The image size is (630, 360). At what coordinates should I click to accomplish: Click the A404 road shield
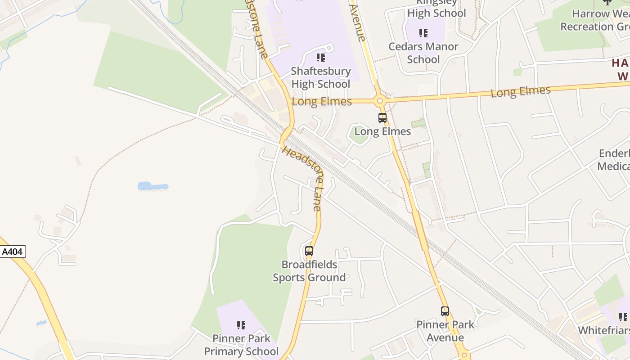[x=12, y=252]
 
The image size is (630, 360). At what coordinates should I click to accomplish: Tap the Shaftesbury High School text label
[x=320, y=77]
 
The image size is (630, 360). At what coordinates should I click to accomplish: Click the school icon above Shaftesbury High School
[x=320, y=58]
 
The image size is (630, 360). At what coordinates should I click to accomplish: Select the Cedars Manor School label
[x=423, y=53]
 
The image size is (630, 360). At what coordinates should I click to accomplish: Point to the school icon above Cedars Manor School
[x=423, y=33]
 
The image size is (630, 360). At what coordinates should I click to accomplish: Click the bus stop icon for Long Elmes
[x=382, y=118]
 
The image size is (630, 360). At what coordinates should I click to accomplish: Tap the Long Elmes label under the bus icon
[x=382, y=131]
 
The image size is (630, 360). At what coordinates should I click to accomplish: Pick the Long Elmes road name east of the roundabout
[x=520, y=91]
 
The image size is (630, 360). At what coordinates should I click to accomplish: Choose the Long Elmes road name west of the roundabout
[x=322, y=102]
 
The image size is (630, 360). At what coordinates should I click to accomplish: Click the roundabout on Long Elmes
[x=379, y=101]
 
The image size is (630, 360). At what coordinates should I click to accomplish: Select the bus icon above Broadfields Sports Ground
[x=309, y=251]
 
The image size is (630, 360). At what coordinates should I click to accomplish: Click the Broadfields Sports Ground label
[x=309, y=271]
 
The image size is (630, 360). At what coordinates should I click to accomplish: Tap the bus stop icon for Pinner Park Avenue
[x=445, y=311]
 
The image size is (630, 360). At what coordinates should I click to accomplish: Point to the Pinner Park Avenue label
[x=445, y=331]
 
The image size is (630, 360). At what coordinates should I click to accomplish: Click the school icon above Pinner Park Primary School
[x=241, y=325]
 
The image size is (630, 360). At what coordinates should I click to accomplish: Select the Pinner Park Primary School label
[x=241, y=345]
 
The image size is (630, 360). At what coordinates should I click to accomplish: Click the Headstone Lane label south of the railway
[x=301, y=178]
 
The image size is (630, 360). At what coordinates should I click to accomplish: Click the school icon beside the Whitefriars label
[x=623, y=317]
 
